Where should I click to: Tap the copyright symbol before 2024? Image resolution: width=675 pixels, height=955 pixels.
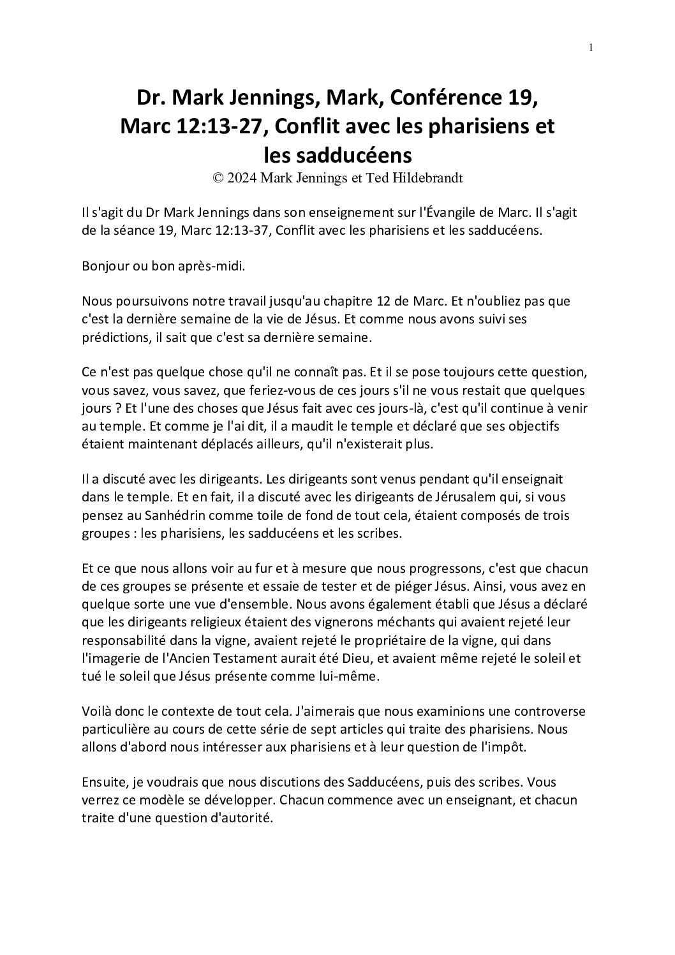point(218,179)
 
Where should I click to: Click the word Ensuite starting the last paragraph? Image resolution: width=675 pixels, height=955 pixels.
point(104,781)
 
